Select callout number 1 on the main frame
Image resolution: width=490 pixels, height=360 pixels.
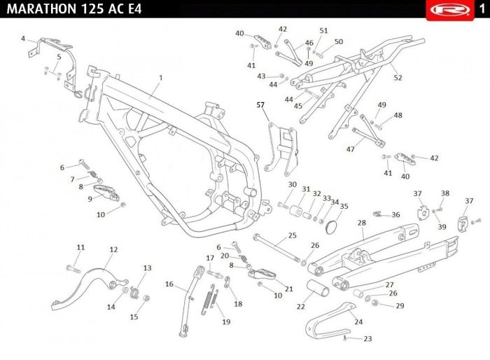point(160,77)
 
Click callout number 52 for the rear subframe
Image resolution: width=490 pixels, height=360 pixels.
point(398,77)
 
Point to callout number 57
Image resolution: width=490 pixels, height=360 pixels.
point(261,105)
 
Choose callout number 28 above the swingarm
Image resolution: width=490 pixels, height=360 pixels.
point(362,223)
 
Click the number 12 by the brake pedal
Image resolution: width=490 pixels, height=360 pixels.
point(113,249)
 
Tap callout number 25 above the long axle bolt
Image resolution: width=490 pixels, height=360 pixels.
point(293,235)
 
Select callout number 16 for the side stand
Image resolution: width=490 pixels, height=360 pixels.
point(169,284)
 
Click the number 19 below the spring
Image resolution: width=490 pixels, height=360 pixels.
point(225,322)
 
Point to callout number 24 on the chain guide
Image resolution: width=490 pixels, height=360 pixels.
point(359,322)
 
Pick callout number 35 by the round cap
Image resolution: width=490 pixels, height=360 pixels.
point(344,207)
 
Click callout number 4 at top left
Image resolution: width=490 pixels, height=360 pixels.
point(23,39)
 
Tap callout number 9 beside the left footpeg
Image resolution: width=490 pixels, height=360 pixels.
point(90,199)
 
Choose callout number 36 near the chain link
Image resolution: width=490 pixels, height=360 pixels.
point(396,214)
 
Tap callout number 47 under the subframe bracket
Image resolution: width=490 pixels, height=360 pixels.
point(351,149)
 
